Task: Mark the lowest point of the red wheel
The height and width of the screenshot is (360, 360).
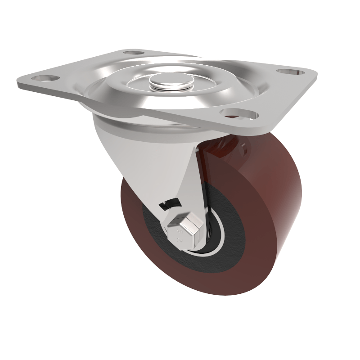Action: (x=211, y=295)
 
